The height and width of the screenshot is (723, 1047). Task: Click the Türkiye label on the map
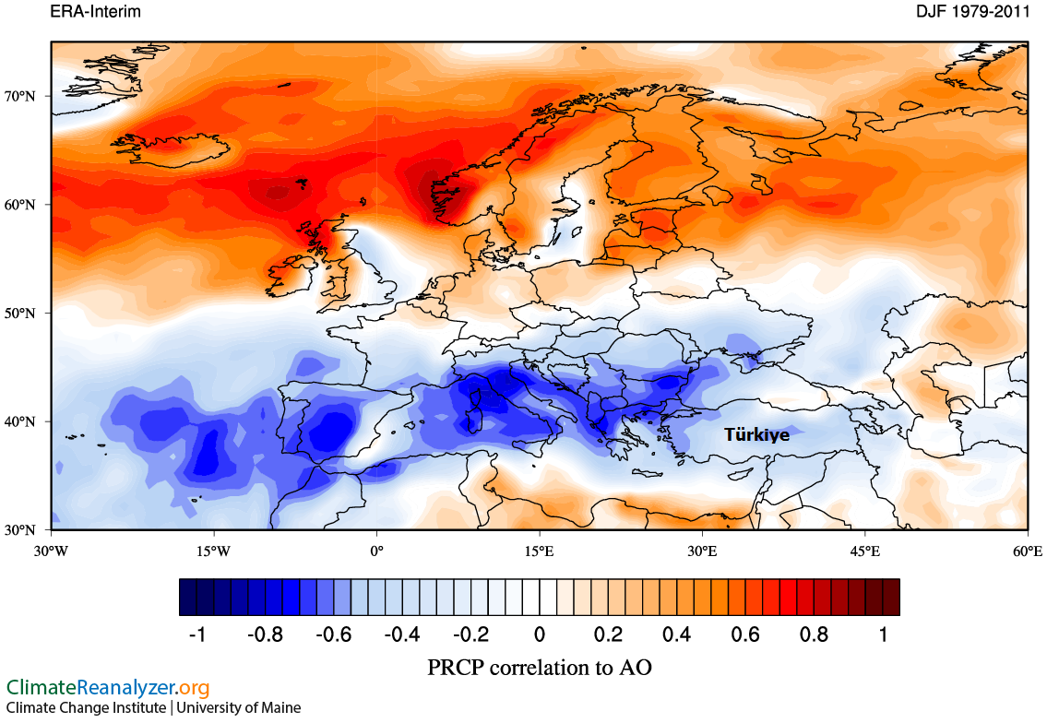756,434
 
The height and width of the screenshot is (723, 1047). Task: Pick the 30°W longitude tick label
51,551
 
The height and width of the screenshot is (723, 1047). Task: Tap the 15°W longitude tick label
213,551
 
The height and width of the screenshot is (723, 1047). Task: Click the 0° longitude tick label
376,551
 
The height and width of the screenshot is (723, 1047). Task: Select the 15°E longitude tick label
540,551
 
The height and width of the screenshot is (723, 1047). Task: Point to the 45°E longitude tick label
865,551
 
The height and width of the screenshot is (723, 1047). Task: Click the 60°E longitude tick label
1028,551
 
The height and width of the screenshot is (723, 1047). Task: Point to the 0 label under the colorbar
540,635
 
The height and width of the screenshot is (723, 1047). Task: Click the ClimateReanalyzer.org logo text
108,688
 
